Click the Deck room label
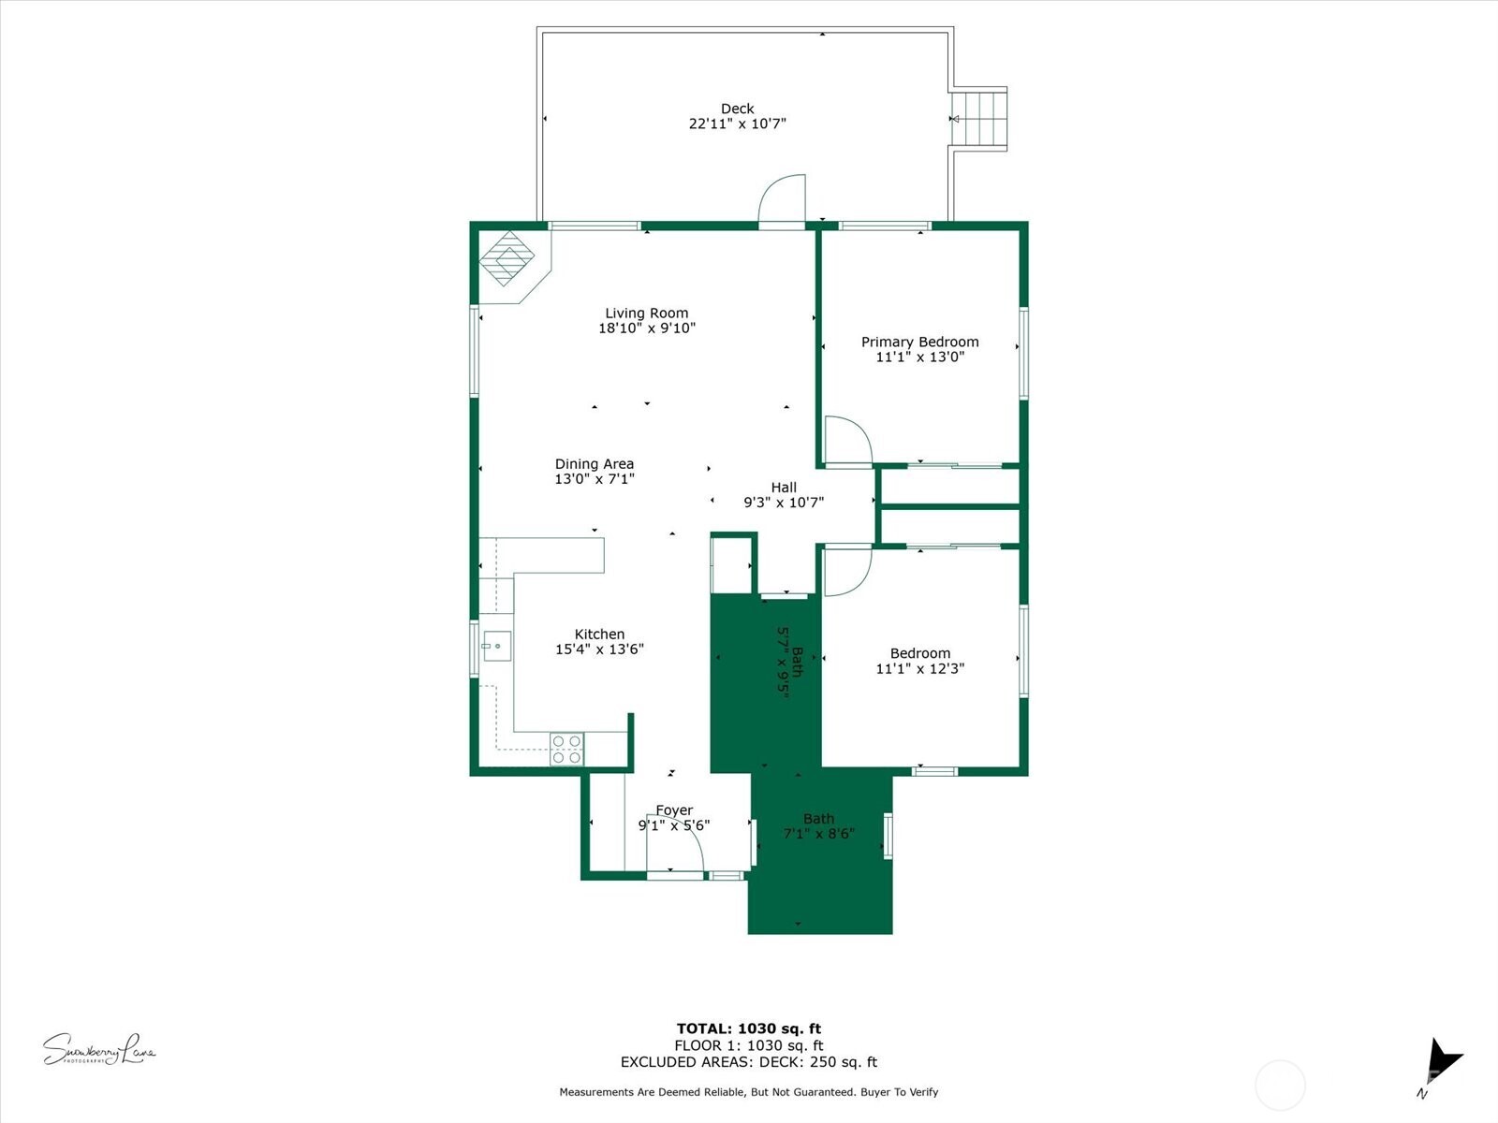tap(737, 109)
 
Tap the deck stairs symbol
tap(980, 119)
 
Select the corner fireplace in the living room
tap(508, 261)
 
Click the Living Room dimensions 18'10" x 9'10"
tap(646, 328)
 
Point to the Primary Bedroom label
tap(919, 342)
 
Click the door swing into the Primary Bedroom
tap(847, 440)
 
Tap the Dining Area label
tap(594, 464)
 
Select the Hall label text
tap(784, 488)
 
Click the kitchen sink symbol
tap(496, 646)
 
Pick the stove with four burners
tap(566, 749)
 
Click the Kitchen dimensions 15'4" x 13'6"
tap(599, 649)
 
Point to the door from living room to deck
tap(782, 200)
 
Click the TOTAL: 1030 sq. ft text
tap(748, 1028)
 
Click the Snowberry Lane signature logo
tap(98, 1050)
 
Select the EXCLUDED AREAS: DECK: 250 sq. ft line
tap(748, 1062)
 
